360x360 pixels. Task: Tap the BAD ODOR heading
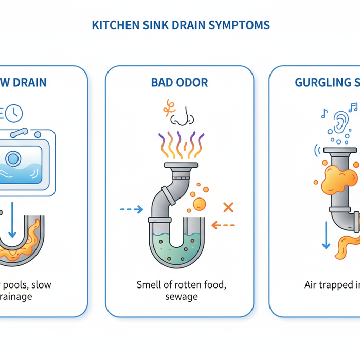[179, 82]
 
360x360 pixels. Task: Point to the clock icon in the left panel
[14, 113]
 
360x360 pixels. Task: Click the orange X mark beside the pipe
[228, 207]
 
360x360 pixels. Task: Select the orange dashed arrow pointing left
[223, 225]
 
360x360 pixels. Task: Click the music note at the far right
[353, 107]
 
